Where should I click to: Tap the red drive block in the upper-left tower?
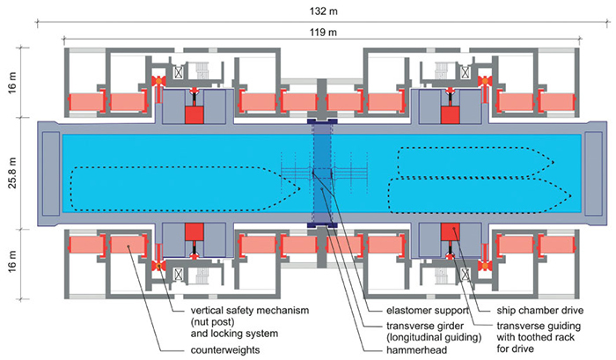tap(191, 114)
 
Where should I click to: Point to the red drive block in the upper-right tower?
tap(452, 114)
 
